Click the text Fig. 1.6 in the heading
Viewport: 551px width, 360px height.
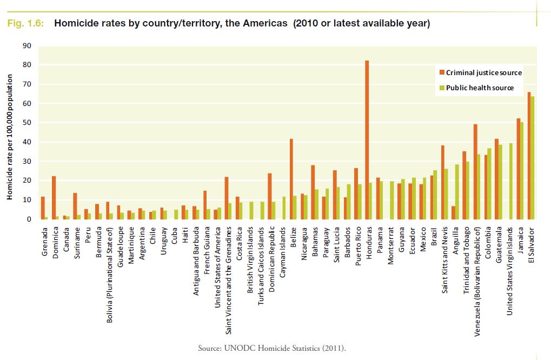click(x=25, y=24)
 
